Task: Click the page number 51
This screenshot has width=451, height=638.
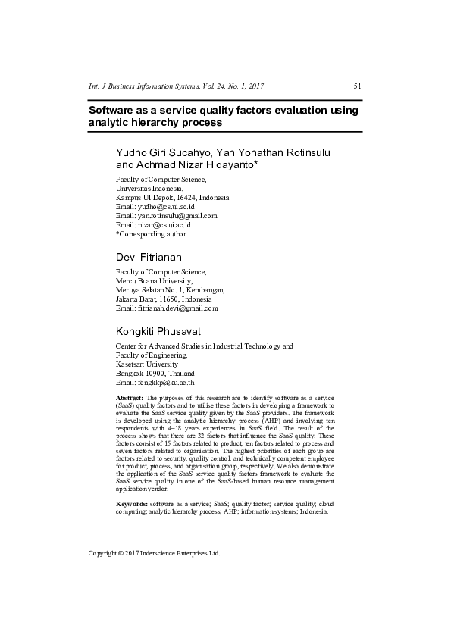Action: coord(357,86)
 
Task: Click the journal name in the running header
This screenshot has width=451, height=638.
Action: coord(177,86)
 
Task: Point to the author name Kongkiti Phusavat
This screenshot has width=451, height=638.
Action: coord(158,331)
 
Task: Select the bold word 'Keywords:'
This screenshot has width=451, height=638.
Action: coord(131,503)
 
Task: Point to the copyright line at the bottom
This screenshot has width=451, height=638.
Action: coord(154,553)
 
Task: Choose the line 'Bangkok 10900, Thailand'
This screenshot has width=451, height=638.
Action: coord(155,374)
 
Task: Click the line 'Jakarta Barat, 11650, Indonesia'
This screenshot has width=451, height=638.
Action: coord(163,299)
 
